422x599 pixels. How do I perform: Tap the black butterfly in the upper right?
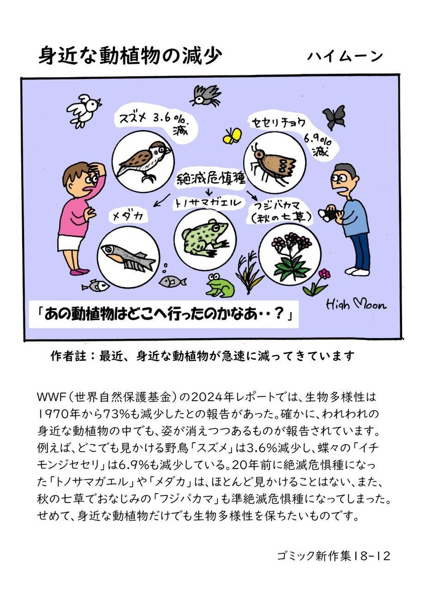pyautogui.click(x=334, y=117)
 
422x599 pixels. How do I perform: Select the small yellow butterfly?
pyautogui.click(x=232, y=136)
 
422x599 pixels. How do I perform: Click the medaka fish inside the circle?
pyautogui.click(x=127, y=256)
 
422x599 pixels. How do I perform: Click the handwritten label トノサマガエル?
pyautogui.click(x=206, y=203)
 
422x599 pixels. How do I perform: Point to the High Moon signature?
pyautogui.click(x=356, y=304)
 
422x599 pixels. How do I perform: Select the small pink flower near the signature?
pyautogui.click(x=323, y=274)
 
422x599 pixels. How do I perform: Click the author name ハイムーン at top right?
pyautogui.click(x=344, y=56)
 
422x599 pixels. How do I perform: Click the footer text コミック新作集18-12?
pyautogui.click(x=333, y=555)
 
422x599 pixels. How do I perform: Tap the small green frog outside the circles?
pyautogui.click(x=220, y=285)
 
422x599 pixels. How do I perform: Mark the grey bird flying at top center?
pyautogui.click(x=205, y=95)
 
